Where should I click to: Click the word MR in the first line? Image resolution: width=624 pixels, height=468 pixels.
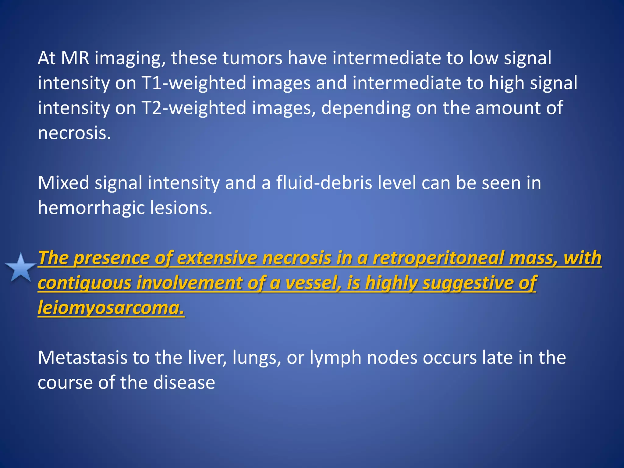(x=75, y=58)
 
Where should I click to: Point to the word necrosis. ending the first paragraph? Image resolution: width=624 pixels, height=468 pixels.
(x=74, y=133)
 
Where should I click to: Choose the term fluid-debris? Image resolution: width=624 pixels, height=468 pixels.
(x=324, y=183)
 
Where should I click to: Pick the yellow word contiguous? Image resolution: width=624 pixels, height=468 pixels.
(x=84, y=283)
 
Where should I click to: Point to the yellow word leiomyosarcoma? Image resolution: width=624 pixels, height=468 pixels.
(x=111, y=308)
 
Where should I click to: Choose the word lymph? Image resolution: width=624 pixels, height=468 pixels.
(x=335, y=358)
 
